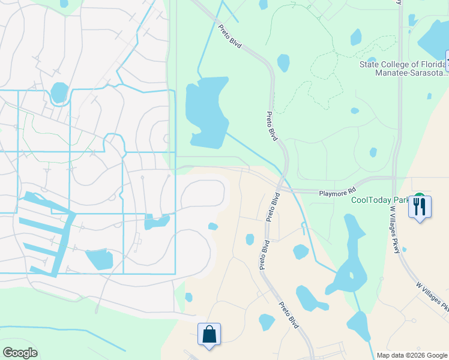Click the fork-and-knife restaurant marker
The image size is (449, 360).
pyautogui.click(x=419, y=207)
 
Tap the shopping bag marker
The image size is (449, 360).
pyautogui.click(x=209, y=334)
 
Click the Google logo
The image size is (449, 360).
pyautogui.click(x=20, y=353)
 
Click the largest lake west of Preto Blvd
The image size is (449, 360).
pyautogui.click(x=206, y=112)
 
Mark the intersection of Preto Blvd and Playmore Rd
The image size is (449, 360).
pyautogui.click(x=282, y=188)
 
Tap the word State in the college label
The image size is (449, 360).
pyautogui.click(x=370, y=64)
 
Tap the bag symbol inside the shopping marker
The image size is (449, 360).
pyautogui.click(x=209, y=334)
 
